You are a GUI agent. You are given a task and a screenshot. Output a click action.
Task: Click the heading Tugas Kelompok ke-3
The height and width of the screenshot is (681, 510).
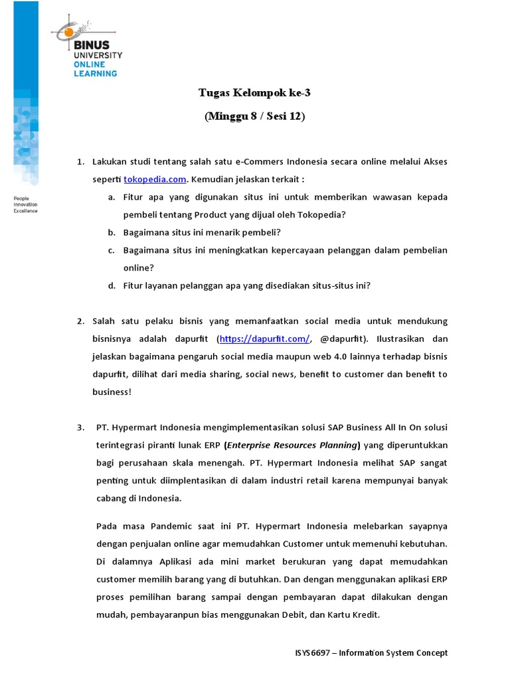(x=254, y=93)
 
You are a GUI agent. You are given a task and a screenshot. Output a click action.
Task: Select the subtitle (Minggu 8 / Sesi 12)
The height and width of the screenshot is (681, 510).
(x=254, y=116)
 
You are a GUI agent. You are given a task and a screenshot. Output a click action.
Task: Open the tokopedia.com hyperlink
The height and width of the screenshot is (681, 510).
(x=154, y=180)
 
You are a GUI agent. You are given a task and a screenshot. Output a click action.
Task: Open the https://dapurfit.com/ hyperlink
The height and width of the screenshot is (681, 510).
(x=264, y=339)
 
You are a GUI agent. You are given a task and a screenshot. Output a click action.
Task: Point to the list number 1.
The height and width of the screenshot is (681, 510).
(x=80, y=162)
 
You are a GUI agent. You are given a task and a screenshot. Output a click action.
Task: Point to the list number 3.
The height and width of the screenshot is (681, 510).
(x=80, y=427)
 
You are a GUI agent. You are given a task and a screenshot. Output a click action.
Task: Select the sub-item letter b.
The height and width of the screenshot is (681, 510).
(x=111, y=232)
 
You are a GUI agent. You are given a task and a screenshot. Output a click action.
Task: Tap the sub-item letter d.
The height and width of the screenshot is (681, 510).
(x=111, y=285)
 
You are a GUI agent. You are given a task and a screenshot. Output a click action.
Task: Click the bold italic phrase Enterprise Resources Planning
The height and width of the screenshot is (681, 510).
(x=293, y=445)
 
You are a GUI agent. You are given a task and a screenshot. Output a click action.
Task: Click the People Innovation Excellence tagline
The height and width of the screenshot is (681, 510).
(x=26, y=205)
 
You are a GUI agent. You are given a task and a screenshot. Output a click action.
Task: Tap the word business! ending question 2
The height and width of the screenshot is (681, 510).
(x=112, y=392)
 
